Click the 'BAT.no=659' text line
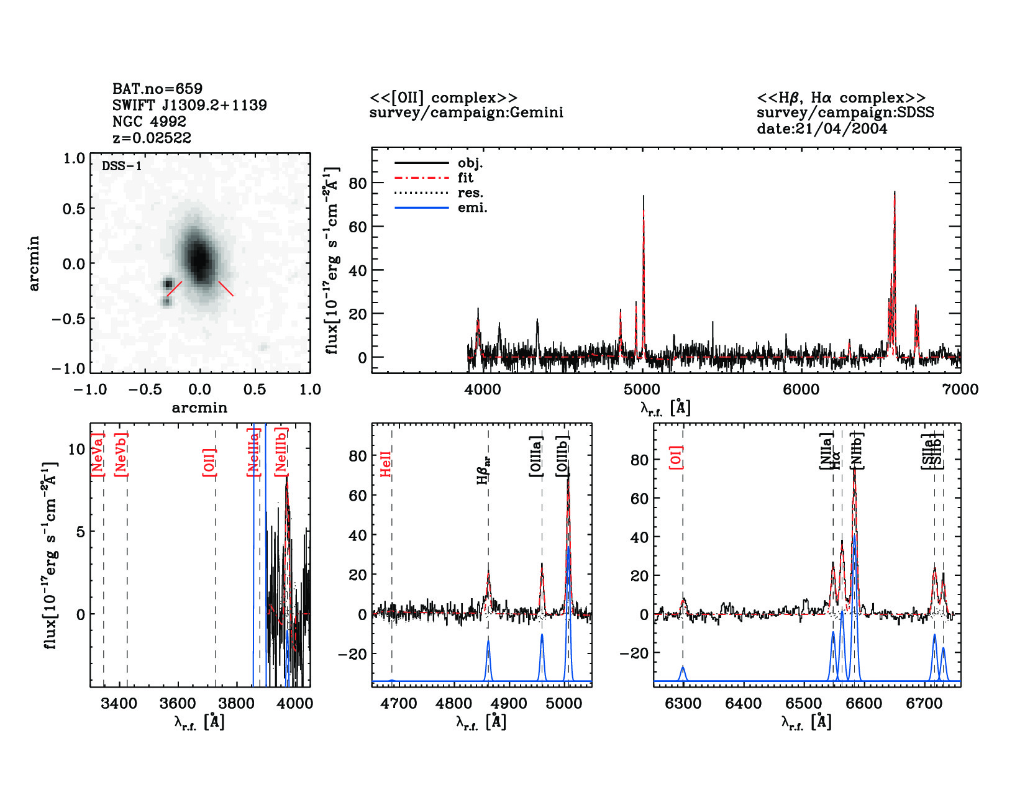[157, 89]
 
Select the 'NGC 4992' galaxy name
[149, 122]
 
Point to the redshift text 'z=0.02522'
[152, 138]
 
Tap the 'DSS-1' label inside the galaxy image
[121, 166]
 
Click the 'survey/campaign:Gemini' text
[466, 113]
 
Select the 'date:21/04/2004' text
[822, 129]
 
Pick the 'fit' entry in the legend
[465, 178]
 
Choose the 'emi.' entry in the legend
[472, 208]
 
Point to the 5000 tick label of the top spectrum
[642, 389]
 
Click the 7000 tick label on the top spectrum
[960, 389]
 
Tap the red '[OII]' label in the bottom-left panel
[209, 462]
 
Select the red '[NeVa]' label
[98, 455]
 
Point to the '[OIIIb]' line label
[563, 456]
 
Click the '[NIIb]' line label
[857, 450]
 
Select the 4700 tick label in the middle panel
[398, 704]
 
